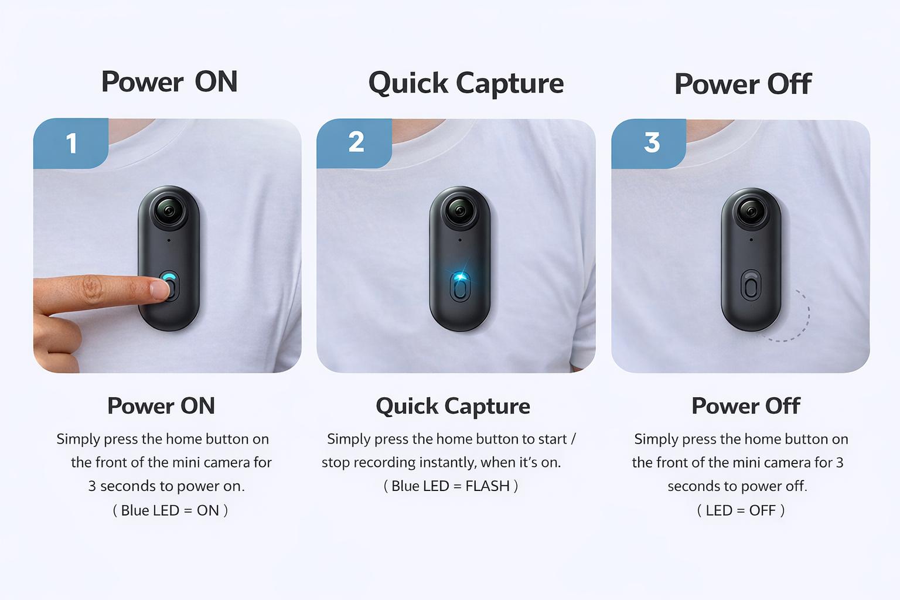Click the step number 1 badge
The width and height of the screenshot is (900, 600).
click(71, 144)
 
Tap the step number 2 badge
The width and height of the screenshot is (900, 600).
click(355, 142)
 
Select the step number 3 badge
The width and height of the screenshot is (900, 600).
click(651, 142)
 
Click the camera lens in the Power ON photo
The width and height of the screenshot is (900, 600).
click(169, 210)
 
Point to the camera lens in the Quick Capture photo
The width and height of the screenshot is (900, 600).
click(459, 210)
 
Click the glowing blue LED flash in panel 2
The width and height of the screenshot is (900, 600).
click(461, 276)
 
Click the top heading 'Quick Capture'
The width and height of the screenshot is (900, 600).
click(466, 83)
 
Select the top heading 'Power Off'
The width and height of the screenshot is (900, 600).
click(742, 84)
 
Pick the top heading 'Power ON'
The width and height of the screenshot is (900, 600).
click(169, 81)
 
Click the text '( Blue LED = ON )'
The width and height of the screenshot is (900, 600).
click(170, 510)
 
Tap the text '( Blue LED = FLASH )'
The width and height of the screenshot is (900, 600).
click(451, 486)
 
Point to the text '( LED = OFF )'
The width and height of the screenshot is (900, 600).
click(741, 510)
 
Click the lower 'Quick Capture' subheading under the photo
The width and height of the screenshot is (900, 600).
click(452, 406)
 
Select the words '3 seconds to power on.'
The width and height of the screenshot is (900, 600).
click(166, 486)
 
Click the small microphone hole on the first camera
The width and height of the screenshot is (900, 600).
click(169, 240)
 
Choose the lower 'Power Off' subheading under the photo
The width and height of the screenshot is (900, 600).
click(745, 406)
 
